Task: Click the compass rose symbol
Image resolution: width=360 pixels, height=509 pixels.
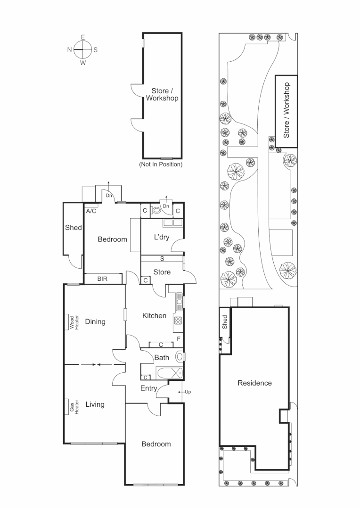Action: pos(82,49)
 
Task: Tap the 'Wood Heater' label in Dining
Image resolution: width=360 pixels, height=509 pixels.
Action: pos(72,322)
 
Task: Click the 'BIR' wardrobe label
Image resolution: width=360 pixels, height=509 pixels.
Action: pos(102,279)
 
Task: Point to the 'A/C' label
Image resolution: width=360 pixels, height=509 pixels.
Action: pos(91,211)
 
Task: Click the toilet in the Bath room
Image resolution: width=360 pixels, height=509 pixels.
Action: pos(179,356)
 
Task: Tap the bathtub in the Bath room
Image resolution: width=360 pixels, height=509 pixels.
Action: pos(169,373)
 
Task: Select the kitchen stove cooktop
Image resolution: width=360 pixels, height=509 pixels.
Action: pos(179,320)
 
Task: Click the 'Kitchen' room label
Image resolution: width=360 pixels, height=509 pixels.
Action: pos(154,315)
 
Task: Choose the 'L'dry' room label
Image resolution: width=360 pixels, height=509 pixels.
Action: pos(161,237)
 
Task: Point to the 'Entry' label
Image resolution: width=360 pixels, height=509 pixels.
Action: pos(149,388)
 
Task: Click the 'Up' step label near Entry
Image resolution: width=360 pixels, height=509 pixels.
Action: pos(187,392)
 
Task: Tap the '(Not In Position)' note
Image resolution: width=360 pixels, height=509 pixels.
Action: pos(161,164)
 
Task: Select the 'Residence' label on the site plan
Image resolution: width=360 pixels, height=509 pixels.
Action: pos(254,383)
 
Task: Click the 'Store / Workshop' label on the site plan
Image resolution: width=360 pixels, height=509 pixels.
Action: pos(286,111)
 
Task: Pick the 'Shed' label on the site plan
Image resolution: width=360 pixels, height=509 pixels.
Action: pos(225,322)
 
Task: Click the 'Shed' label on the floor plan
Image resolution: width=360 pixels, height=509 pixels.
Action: pos(73,228)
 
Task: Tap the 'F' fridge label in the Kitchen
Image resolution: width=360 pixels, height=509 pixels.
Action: pos(179,338)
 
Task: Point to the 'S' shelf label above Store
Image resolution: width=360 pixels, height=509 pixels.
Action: pos(162,259)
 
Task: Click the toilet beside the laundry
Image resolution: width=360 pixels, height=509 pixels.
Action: pos(157,212)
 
